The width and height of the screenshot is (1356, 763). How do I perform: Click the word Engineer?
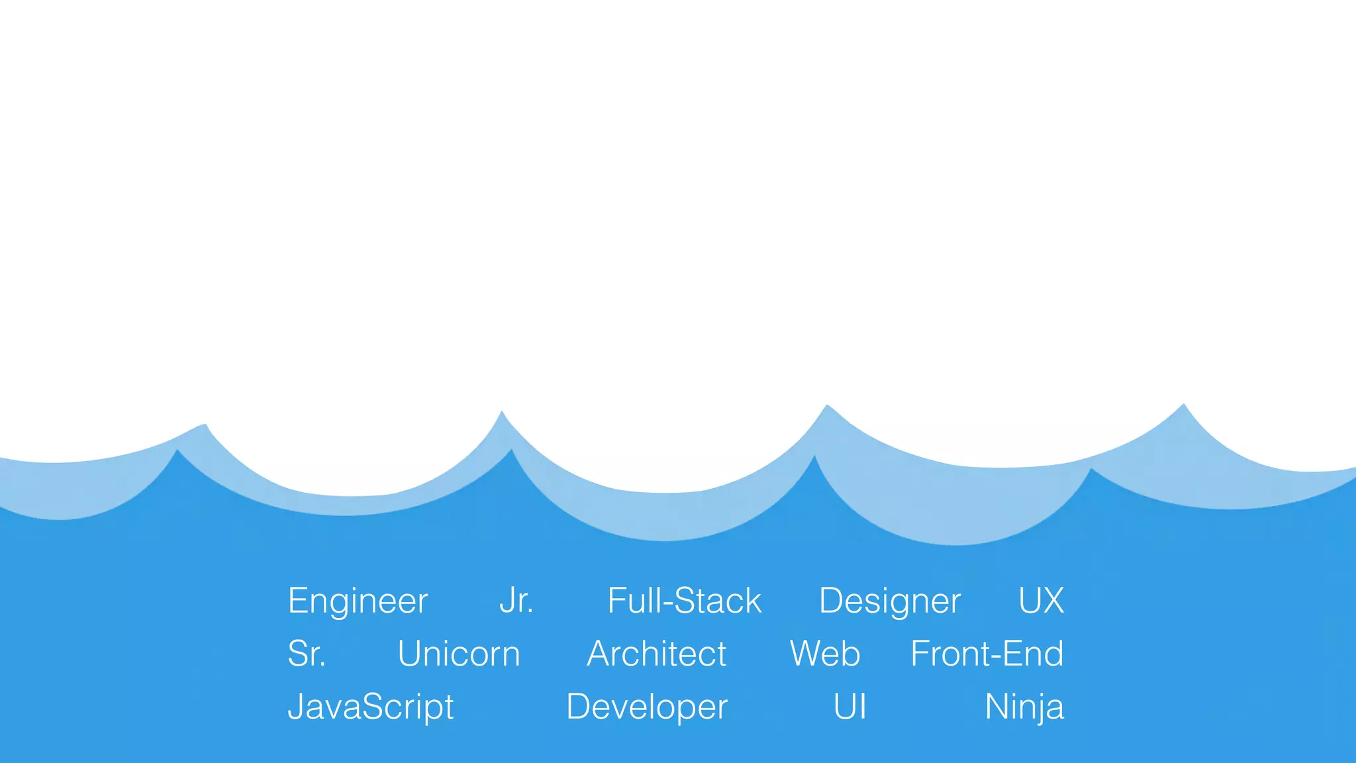358,601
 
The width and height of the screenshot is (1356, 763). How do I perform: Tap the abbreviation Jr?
516,601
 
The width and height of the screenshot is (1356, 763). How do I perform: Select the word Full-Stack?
684,601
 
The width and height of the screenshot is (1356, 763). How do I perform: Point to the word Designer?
889,601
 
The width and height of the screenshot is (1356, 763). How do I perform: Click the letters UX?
1041,601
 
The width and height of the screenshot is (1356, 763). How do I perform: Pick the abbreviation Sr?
307,654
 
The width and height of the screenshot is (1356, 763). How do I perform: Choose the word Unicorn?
458,654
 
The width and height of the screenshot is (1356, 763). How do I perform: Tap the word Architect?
656,654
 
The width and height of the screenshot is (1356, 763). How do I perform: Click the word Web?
824,654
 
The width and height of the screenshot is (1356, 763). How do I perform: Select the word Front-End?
987,654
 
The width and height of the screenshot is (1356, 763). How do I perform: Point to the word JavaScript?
370,707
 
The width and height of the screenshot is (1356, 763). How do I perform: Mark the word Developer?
647,707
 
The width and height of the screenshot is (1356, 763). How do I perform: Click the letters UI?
849,707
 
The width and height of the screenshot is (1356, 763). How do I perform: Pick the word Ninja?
1024,707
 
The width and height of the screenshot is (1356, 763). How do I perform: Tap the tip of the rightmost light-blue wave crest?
1184,405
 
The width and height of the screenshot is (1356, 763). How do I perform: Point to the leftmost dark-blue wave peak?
177,451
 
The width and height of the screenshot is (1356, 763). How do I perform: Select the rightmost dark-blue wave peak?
1090,470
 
